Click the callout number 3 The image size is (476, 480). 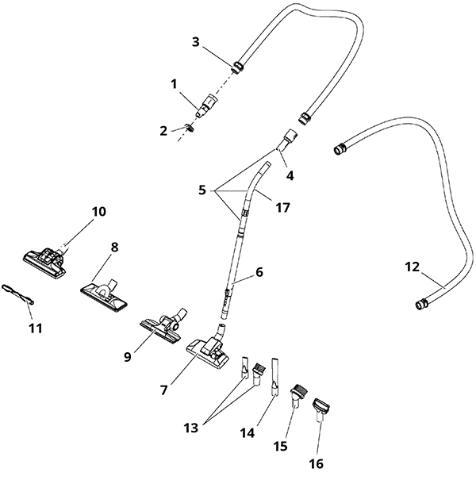(196, 42)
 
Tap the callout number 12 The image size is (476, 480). (412, 267)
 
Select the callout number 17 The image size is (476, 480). (282, 208)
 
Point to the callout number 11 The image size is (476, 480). (36, 328)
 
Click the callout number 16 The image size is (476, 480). (317, 464)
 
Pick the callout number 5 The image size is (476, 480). (202, 190)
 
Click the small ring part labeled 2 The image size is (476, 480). (190, 128)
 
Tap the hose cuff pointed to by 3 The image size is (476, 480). (237, 67)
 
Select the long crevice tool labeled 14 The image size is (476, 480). (274, 377)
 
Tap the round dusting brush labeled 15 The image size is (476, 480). (297, 396)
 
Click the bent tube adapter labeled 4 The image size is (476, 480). (288, 140)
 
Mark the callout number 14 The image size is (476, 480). (248, 433)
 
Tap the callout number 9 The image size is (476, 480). (128, 357)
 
